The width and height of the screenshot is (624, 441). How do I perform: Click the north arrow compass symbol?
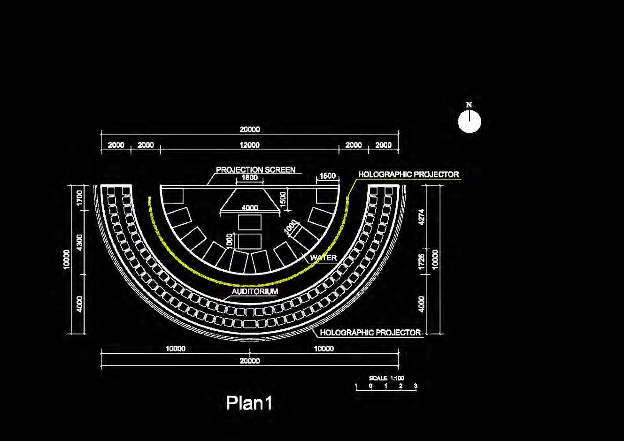coord(470,121)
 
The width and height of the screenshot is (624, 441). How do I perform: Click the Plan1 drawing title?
coord(249,403)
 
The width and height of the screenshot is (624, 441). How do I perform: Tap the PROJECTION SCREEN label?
coord(255,170)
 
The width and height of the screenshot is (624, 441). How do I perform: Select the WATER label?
coord(323,258)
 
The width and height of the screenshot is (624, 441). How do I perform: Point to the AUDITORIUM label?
coord(255,291)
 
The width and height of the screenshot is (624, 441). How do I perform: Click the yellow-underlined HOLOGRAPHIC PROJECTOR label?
coord(408,175)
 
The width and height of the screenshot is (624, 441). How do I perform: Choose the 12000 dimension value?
coord(249,145)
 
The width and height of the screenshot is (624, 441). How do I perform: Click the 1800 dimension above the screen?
coord(249,178)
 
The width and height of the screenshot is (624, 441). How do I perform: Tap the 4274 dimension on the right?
coord(421,217)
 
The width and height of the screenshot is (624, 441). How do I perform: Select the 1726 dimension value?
coord(421,262)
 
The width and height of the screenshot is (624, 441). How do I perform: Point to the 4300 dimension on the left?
coord(79,243)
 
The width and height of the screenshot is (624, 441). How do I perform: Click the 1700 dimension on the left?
coord(79,198)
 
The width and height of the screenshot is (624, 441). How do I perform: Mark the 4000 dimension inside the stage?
coord(249,208)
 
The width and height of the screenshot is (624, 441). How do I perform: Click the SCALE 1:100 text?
coord(386,378)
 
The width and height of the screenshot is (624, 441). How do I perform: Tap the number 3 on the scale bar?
coord(416,386)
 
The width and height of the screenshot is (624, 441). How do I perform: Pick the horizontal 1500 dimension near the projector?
coord(327,176)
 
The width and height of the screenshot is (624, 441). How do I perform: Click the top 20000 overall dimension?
coord(249,129)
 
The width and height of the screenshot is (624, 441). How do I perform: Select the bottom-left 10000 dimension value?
coord(175,349)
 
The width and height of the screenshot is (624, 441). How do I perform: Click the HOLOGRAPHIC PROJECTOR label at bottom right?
coord(370,333)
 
